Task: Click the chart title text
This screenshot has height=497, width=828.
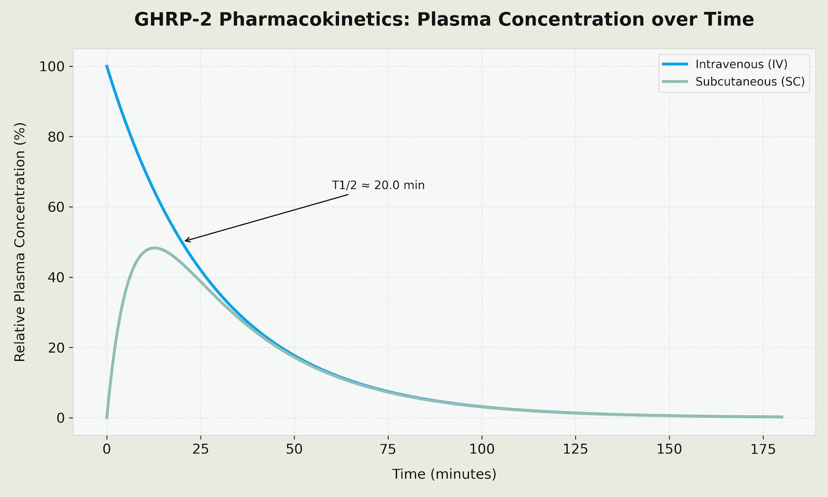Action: point(443,20)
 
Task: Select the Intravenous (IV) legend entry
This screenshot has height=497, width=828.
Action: point(741,64)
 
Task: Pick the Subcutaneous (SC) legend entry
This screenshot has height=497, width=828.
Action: point(750,82)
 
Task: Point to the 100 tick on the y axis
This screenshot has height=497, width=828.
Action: point(53,67)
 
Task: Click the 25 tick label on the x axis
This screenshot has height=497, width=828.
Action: point(200,449)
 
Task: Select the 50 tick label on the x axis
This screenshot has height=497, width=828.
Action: point(294,449)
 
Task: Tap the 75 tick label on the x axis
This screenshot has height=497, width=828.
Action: point(388,449)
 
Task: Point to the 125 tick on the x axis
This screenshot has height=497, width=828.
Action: point(575,449)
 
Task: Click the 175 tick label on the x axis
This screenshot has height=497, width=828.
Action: point(763,449)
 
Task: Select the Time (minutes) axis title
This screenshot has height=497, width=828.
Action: point(444,474)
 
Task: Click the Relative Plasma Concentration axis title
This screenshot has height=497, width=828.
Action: point(20,242)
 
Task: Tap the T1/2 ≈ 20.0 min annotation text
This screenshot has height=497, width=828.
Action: point(378,185)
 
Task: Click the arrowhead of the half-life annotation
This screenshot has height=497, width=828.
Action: point(185,241)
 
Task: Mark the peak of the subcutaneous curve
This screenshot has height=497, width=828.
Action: point(154,248)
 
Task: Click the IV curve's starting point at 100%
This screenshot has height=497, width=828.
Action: point(107,66)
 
